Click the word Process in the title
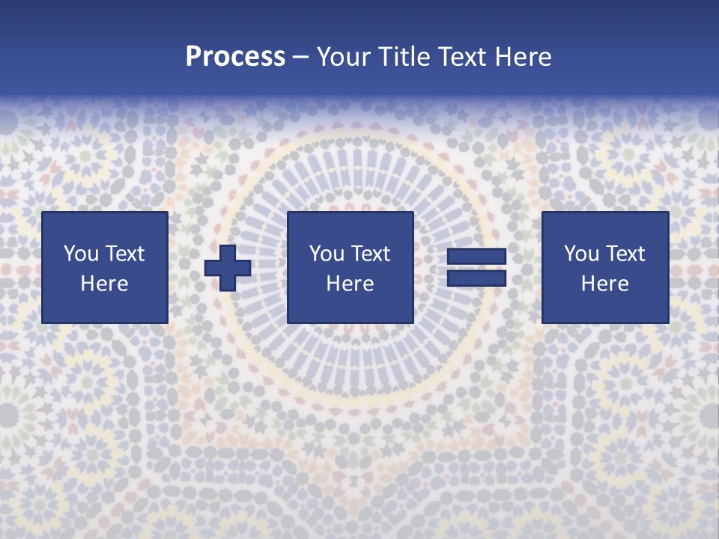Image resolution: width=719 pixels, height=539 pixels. (235, 56)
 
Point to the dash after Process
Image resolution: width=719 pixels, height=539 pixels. (301, 57)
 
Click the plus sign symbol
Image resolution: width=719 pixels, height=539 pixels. (228, 268)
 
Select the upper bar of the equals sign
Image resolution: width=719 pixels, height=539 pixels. (476, 258)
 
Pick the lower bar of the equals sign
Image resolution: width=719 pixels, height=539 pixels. (476, 278)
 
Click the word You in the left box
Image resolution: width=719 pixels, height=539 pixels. (80, 254)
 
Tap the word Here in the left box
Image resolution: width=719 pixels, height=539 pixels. (104, 284)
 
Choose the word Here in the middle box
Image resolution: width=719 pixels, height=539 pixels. (350, 284)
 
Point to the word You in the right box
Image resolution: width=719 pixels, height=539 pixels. (580, 254)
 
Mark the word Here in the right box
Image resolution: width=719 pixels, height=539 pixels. (604, 284)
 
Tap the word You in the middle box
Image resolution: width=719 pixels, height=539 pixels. (326, 254)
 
